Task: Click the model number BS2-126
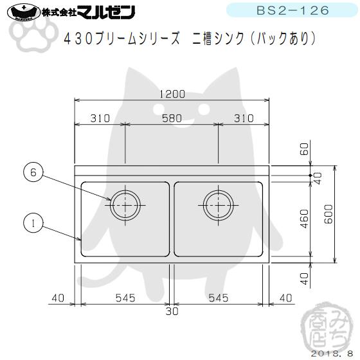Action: point(292,11)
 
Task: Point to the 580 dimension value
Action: point(172,119)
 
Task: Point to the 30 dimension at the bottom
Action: point(172,312)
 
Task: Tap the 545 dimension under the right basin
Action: point(221,298)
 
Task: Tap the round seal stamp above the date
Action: point(325,327)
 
